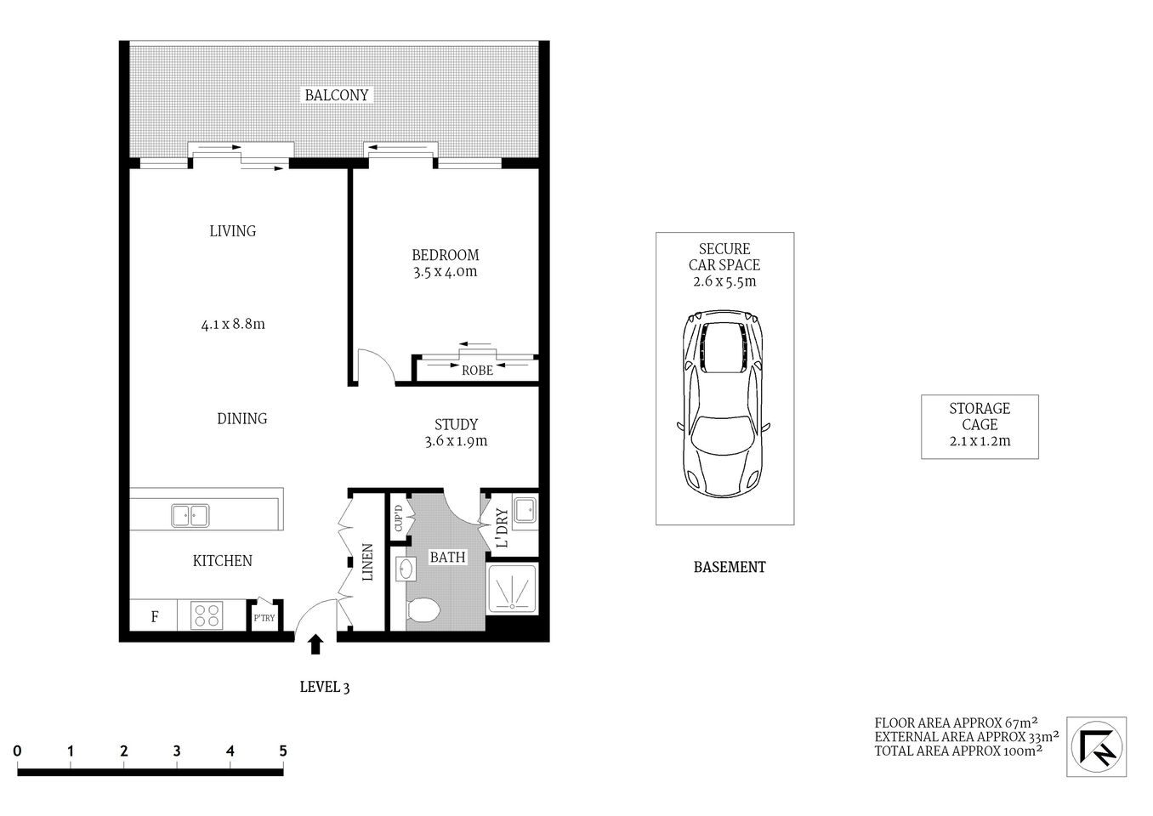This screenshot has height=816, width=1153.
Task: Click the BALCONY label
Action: (x=337, y=95)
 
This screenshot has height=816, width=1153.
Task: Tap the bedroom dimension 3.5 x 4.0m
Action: (x=445, y=272)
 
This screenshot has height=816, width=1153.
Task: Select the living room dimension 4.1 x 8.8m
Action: (x=233, y=324)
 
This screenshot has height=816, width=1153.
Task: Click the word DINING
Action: (x=241, y=418)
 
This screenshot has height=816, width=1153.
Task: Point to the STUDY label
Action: (x=456, y=424)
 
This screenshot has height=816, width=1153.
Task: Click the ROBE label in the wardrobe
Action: (x=477, y=371)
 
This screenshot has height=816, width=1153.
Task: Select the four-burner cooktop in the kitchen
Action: (x=205, y=615)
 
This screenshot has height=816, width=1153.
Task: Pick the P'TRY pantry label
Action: (x=264, y=618)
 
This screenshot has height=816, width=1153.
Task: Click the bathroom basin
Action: (x=405, y=569)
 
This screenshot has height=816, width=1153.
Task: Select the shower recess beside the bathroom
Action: (x=512, y=588)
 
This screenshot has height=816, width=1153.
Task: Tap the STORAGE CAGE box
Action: (x=980, y=426)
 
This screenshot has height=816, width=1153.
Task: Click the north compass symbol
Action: (x=1097, y=745)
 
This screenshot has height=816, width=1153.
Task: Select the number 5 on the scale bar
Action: (x=282, y=751)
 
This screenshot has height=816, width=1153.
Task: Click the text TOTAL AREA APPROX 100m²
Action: (x=958, y=751)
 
